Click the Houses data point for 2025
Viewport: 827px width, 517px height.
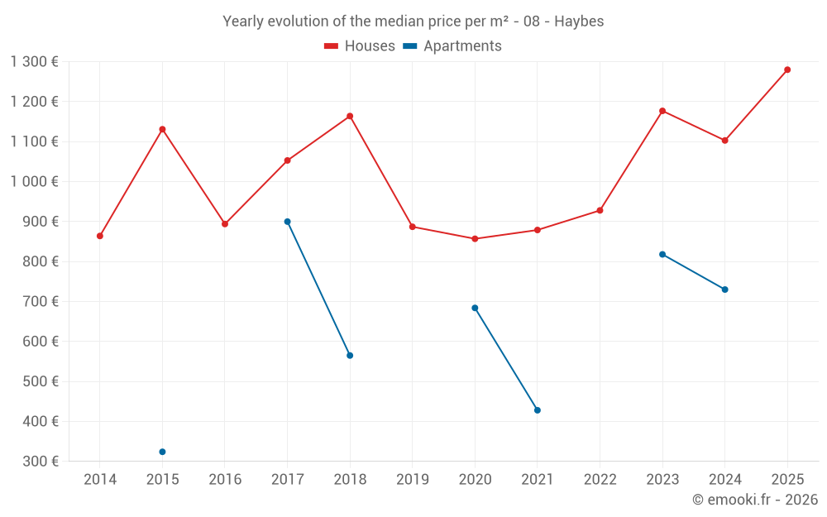click(x=787, y=69)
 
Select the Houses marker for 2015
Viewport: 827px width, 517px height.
click(x=162, y=129)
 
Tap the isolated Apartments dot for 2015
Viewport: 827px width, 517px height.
click(x=162, y=452)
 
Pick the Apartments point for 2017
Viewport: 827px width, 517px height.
click(x=287, y=222)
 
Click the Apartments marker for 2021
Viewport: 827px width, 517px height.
click(x=538, y=410)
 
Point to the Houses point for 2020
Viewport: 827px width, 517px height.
click(x=475, y=239)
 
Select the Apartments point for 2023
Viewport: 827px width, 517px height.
click(x=662, y=254)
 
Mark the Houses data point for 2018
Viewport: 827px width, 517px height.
click(x=350, y=116)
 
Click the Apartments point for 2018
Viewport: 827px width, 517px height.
click(x=350, y=356)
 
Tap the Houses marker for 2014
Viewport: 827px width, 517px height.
click(x=100, y=236)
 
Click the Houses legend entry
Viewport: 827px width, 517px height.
click(x=360, y=46)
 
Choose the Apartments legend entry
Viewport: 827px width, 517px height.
click(x=452, y=46)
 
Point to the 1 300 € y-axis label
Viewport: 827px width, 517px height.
click(x=35, y=61)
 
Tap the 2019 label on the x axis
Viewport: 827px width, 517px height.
click(x=413, y=480)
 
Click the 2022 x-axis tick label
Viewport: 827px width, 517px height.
click(x=600, y=480)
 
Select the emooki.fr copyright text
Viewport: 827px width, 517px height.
click(x=755, y=500)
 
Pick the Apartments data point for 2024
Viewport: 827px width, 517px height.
click(x=725, y=290)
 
